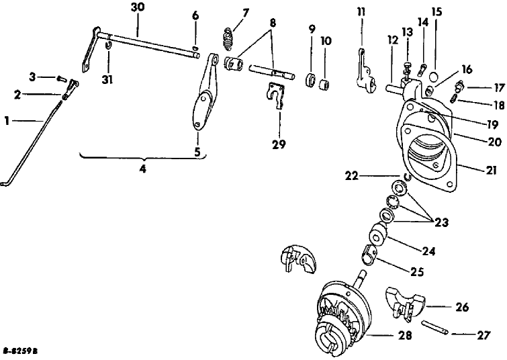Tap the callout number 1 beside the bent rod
tap(7, 121)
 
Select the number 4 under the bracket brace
tap(143, 169)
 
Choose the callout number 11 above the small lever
tap(361, 12)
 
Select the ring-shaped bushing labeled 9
tap(310, 79)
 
